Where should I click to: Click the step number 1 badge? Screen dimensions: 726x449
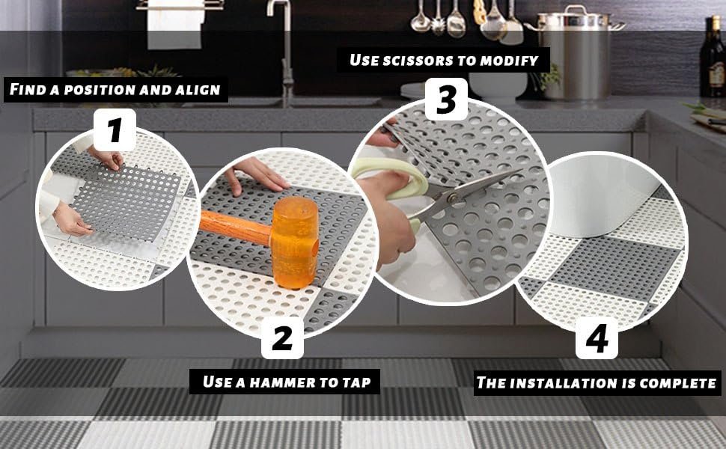(115, 129)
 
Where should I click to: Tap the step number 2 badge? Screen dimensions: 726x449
(282, 337)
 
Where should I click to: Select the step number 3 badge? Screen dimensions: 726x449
(446, 100)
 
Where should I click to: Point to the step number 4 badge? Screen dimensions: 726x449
(597, 338)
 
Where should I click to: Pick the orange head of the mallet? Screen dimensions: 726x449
(295, 242)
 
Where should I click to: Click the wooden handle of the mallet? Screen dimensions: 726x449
(235, 227)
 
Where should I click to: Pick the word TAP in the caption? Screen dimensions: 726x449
(356, 382)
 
